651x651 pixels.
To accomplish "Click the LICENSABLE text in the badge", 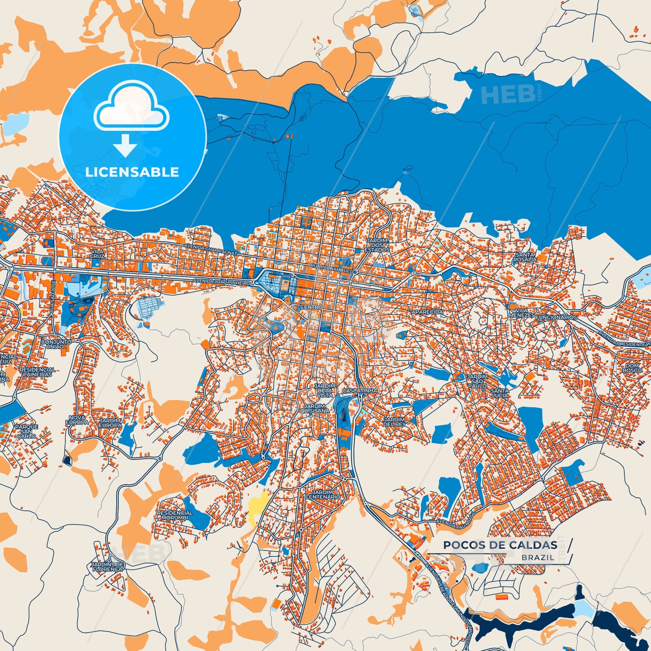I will [132, 172].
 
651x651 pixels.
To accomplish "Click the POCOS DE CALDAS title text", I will [500, 545].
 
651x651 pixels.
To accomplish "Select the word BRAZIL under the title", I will [538, 558].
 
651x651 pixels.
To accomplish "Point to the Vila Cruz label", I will [97, 254].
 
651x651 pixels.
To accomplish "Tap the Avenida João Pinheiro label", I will [221, 282].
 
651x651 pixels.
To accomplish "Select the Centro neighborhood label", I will [311, 307].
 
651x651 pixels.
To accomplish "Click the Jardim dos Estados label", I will [377, 246].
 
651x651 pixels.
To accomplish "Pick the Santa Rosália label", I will [525, 257].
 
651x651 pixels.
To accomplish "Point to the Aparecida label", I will [427, 312].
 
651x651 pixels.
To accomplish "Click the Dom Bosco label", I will [632, 368].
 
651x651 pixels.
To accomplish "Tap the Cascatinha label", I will [360, 391].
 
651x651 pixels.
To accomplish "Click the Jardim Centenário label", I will [323, 495].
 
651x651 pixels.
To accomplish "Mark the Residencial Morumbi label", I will [175, 515].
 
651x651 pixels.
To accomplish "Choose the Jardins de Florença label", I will [107, 567].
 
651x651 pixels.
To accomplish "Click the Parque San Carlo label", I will [26, 431].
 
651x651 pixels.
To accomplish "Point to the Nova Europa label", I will [77, 420].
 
